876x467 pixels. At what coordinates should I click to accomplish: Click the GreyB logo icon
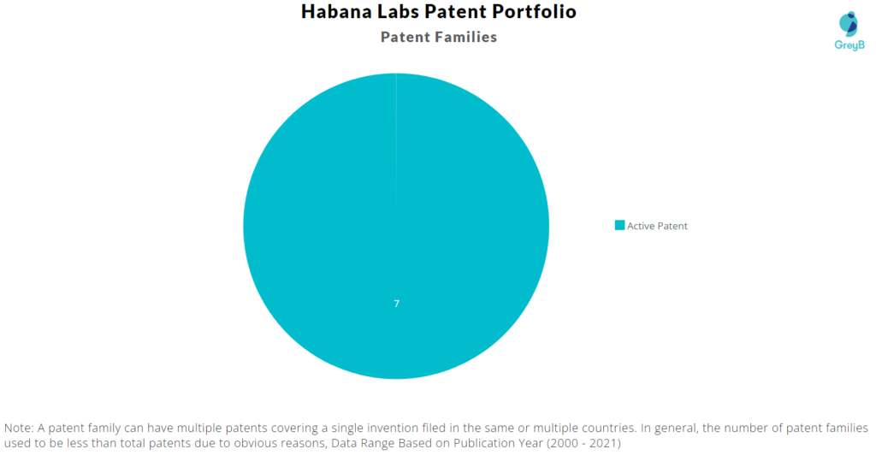pyautogui.click(x=849, y=24)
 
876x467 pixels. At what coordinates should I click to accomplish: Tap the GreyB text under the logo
pyautogui.click(x=849, y=44)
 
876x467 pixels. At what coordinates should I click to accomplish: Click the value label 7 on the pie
pyautogui.click(x=397, y=304)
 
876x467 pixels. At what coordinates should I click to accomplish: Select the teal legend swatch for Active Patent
pyautogui.click(x=619, y=225)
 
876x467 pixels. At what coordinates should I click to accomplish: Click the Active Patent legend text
pyautogui.click(x=657, y=226)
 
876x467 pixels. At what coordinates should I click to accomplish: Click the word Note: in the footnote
pyautogui.click(x=19, y=428)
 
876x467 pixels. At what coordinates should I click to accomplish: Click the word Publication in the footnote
pyautogui.click(x=484, y=443)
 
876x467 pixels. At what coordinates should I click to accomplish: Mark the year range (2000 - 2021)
pyautogui.click(x=583, y=443)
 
